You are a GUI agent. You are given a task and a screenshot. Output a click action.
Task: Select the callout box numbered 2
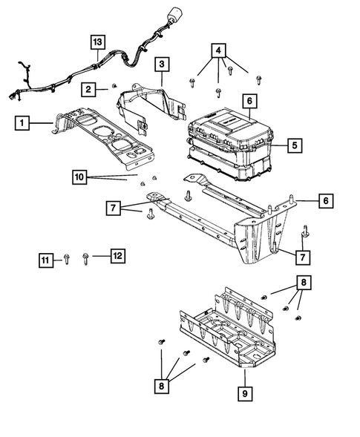[88, 90]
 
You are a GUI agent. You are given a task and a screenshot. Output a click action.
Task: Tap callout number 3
[162, 65]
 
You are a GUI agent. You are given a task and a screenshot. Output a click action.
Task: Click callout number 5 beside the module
[295, 146]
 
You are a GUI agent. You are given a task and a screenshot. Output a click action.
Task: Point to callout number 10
[80, 177]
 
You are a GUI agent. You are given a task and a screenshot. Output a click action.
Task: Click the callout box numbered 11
[46, 259]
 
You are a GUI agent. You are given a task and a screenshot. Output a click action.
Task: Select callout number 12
[117, 256]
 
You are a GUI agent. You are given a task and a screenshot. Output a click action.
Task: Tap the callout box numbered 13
[97, 42]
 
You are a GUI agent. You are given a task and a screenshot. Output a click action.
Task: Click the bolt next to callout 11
[66, 259]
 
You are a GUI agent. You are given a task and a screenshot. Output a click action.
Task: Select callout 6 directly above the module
[249, 100]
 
